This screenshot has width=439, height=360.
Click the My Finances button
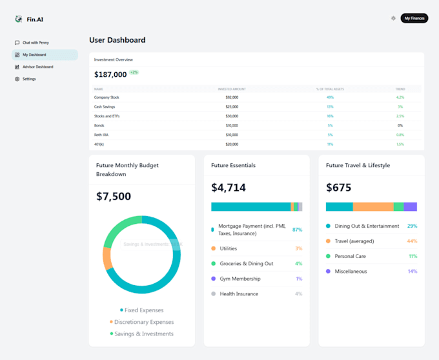coord(414,18)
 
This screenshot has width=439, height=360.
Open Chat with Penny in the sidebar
coord(36,43)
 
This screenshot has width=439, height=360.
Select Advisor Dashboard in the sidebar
coord(38,67)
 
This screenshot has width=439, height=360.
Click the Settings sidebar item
coord(29,79)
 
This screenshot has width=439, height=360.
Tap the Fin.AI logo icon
coord(19,19)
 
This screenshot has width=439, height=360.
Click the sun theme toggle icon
coord(393,18)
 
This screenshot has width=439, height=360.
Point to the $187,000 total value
coord(110,74)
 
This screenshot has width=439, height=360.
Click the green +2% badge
coord(134,72)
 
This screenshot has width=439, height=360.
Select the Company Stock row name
coord(107,97)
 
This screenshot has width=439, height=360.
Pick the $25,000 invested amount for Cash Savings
coord(231,106)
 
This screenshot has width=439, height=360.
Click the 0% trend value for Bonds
coord(400,125)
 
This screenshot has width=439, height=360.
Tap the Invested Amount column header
coord(231,89)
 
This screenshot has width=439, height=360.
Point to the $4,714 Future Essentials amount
coord(229,188)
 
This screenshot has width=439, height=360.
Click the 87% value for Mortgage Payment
coord(297,230)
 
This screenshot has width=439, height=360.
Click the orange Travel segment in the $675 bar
coord(373,207)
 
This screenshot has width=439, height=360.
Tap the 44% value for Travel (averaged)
coord(412,241)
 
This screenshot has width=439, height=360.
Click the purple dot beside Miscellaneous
coord(329,272)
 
